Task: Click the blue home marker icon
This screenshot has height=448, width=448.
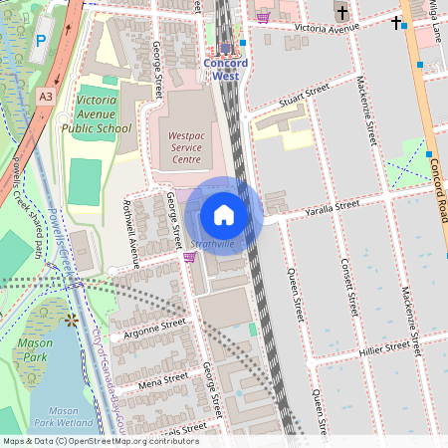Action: click(x=224, y=215)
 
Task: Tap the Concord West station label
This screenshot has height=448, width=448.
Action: click(x=226, y=69)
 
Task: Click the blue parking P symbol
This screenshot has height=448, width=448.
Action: click(x=41, y=41)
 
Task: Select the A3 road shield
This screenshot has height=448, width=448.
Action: click(x=46, y=97)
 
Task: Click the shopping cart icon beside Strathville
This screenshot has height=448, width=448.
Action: click(x=189, y=257)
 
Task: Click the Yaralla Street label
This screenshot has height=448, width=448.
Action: click(x=332, y=206)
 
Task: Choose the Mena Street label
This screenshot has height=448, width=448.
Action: click(x=163, y=380)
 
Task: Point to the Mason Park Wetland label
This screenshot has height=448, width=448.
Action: click(x=64, y=415)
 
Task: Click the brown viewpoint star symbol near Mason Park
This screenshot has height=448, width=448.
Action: click(x=71, y=320)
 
